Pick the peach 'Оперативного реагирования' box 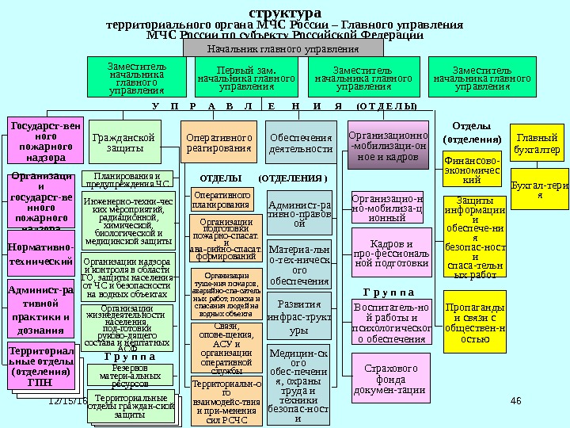(x=218, y=143)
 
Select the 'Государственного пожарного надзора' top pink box (x=44, y=141)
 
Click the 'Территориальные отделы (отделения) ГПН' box (x=44, y=366)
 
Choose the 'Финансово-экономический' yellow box (x=472, y=169)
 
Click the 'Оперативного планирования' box (x=221, y=200)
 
